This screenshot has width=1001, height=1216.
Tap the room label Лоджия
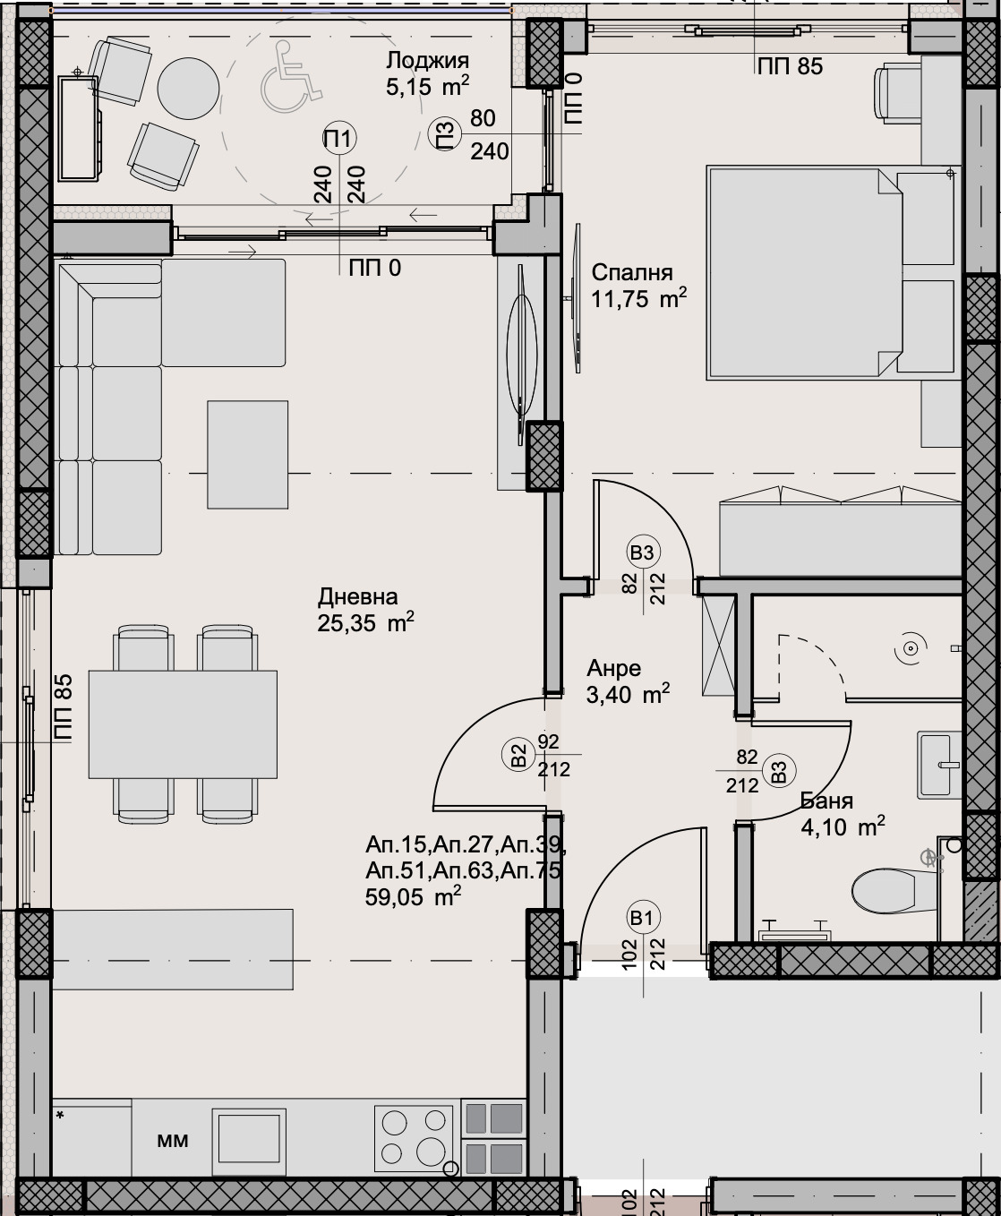click(x=427, y=61)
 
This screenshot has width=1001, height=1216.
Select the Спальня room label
click(x=632, y=273)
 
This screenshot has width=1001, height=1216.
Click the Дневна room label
click(x=357, y=597)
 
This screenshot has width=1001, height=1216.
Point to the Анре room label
click(x=614, y=669)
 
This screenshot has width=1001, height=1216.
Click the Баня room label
click(x=826, y=801)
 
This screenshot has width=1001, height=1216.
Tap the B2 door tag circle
click(x=518, y=755)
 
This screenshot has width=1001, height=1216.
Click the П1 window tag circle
click(x=340, y=139)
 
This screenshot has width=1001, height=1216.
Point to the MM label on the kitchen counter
click(x=172, y=1141)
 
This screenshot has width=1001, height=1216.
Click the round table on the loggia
click(x=188, y=88)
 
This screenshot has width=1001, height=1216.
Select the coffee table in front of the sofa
click(x=248, y=454)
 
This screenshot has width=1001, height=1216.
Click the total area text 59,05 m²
click(x=413, y=896)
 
